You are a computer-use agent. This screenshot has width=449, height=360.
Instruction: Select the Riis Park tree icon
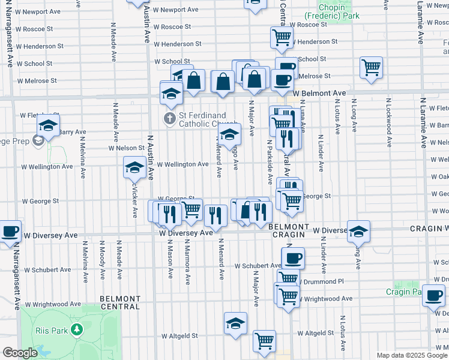coord(76,329)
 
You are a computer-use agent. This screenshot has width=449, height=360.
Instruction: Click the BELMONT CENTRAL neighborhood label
coord(120,302)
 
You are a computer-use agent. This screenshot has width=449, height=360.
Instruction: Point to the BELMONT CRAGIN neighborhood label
coord(288,231)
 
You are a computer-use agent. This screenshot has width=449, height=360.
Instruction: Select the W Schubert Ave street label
coord(258,265)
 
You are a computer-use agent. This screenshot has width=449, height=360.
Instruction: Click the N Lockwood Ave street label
coord(390,125)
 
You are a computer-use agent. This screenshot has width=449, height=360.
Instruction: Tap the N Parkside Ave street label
coord(270,162)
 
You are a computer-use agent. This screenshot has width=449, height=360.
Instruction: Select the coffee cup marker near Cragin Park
coord(433,295)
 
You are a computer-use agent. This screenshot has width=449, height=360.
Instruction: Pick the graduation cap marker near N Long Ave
coord(358,230)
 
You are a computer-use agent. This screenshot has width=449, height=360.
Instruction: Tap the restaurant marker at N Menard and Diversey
coord(215,215)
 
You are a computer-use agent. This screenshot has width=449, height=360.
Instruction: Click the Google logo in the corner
coord(20,353)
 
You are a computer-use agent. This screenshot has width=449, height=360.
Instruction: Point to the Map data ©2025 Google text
coord(411,355)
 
